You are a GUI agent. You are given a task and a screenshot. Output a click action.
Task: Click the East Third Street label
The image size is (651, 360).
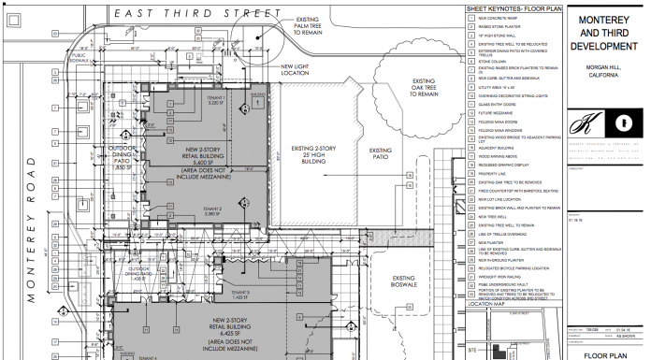point(195,13)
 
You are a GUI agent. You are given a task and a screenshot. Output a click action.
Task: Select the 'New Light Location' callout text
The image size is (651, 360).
point(301,70)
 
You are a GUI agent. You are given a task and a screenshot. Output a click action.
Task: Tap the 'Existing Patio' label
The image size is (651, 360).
point(381,153)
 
